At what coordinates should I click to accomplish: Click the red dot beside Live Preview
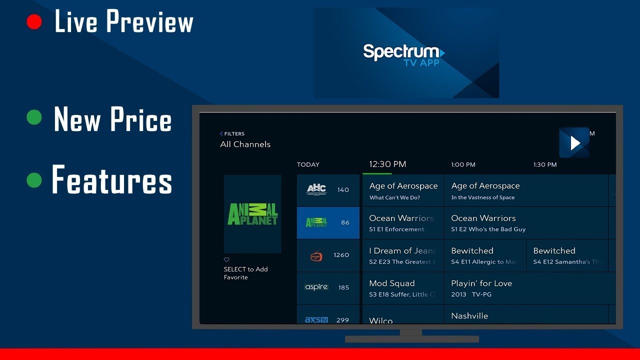[34, 21]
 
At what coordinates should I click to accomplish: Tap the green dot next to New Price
[34, 117]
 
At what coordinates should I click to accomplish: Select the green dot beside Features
[34, 180]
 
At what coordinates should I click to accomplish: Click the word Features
[112, 180]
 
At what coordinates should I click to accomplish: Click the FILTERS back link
[232, 133]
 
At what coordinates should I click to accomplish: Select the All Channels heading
[245, 144]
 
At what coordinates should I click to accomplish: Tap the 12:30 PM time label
[387, 164]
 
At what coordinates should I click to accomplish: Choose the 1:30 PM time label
[544, 164]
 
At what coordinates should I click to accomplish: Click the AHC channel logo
[316, 189]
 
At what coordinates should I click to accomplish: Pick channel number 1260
[341, 255]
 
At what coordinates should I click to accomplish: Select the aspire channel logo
[316, 287]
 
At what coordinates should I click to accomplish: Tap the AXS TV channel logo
[316, 319]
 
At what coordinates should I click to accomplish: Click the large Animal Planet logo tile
[252, 213]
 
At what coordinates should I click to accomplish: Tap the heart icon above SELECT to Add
[226, 260]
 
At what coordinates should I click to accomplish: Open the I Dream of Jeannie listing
[402, 255]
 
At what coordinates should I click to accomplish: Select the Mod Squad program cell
[402, 288]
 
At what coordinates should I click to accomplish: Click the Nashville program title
[469, 316]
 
